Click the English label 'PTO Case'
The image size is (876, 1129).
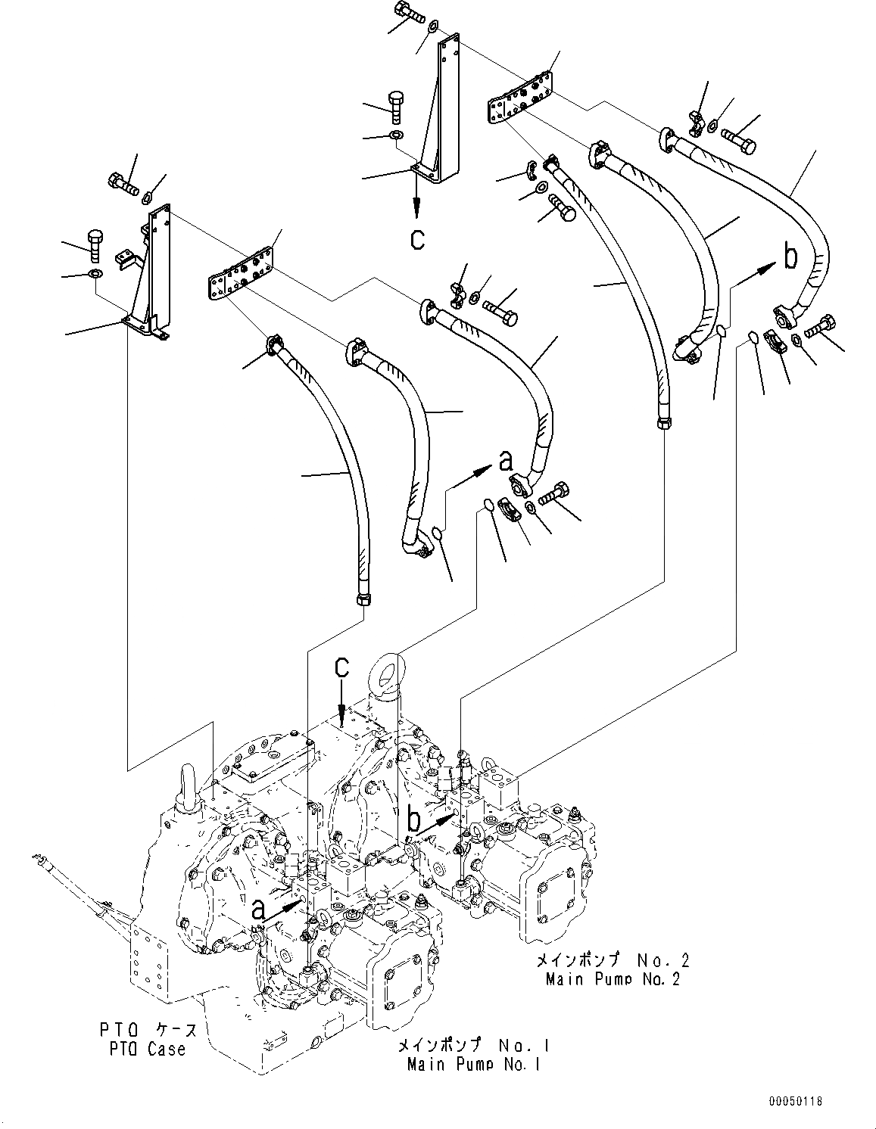tap(142, 1050)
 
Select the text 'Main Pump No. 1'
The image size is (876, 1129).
tap(473, 1065)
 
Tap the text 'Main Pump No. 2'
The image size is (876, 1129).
tap(612, 978)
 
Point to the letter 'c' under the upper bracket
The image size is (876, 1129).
tap(417, 239)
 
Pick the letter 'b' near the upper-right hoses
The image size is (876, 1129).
tap(790, 259)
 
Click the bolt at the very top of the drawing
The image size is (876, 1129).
tap(409, 12)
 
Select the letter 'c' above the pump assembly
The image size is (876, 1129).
tap(342, 667)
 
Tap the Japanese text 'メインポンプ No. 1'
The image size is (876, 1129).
tap(473, 1046)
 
